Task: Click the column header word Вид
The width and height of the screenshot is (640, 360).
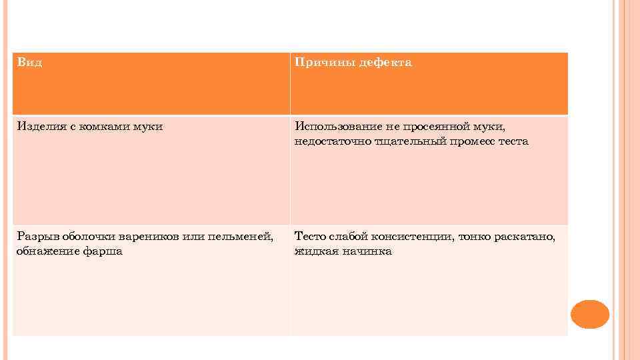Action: point(29,62)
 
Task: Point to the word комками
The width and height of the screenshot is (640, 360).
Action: point(100,126)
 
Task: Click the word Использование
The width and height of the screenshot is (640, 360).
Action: point(337,126)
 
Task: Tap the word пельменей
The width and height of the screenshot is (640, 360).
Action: point(241,236)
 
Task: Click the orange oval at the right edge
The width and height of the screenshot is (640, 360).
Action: point(590,314)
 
